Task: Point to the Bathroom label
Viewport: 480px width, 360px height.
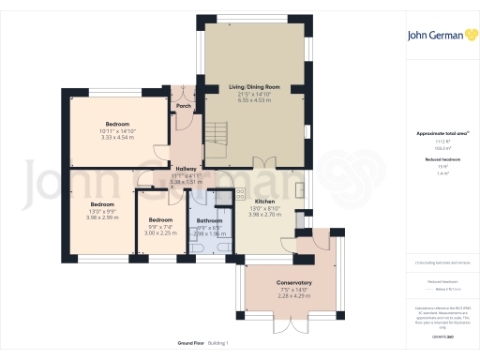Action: (210, 221)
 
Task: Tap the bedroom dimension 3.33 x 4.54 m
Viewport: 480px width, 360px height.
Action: (118, 137)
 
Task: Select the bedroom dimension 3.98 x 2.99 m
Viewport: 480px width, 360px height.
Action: (102, 217)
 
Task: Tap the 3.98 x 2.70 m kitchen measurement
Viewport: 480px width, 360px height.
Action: (251, 214)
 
